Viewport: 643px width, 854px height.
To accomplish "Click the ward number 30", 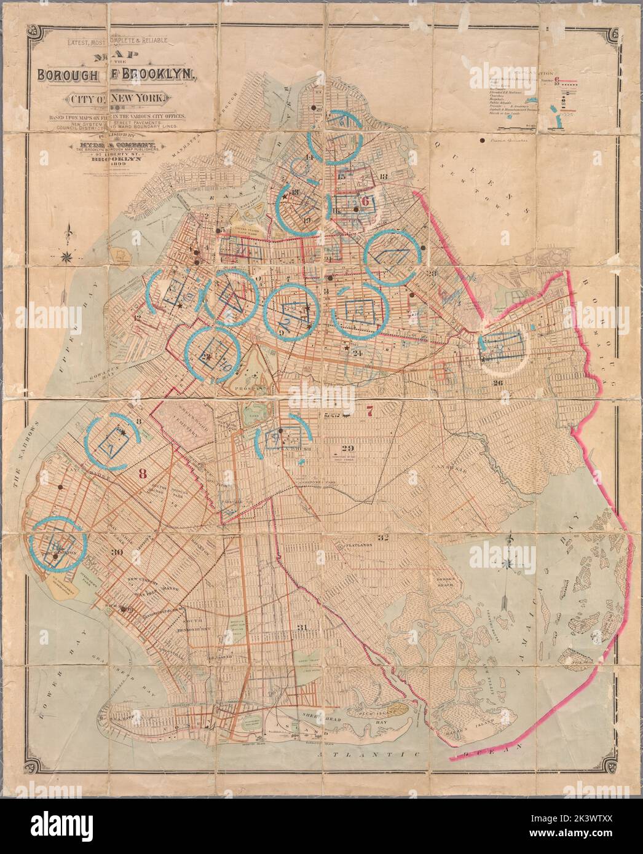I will [117, 552].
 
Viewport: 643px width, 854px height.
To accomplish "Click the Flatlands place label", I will [352, 545].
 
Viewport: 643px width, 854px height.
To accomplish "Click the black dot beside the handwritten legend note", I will [481, 141].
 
